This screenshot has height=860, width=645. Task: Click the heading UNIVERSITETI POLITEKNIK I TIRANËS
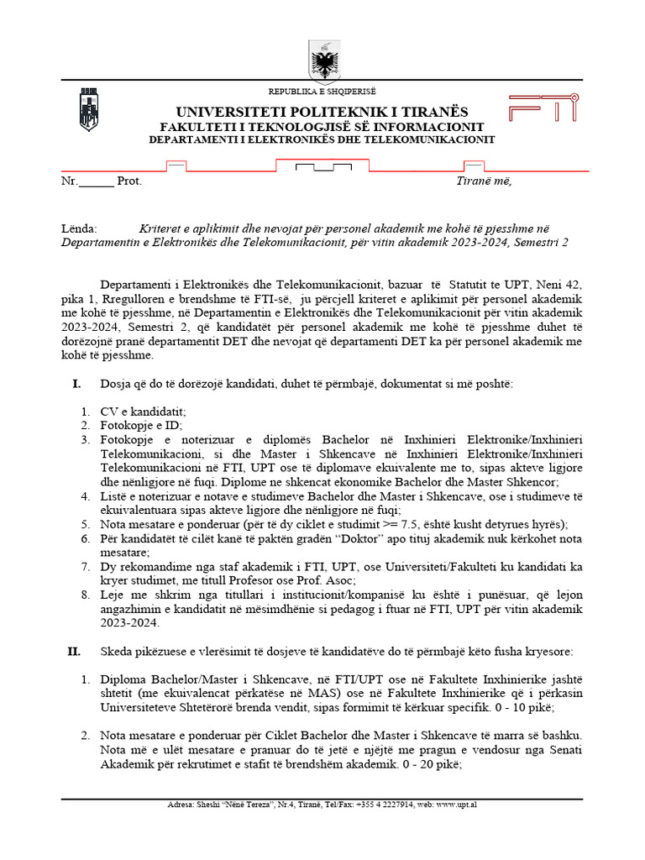[x=322, y=113]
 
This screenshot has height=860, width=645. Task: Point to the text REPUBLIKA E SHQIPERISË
[x=322, y=91]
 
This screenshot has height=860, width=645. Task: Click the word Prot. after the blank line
[x=129, y=181]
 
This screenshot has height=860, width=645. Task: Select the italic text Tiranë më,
[x=484, y=181]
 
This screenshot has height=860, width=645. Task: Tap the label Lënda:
[x=80, y=228]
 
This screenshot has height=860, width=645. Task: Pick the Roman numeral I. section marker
[x=76, y=384]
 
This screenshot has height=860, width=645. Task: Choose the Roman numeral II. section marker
[x=74, y=651]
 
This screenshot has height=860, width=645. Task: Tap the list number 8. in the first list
[x=86, y=595]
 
